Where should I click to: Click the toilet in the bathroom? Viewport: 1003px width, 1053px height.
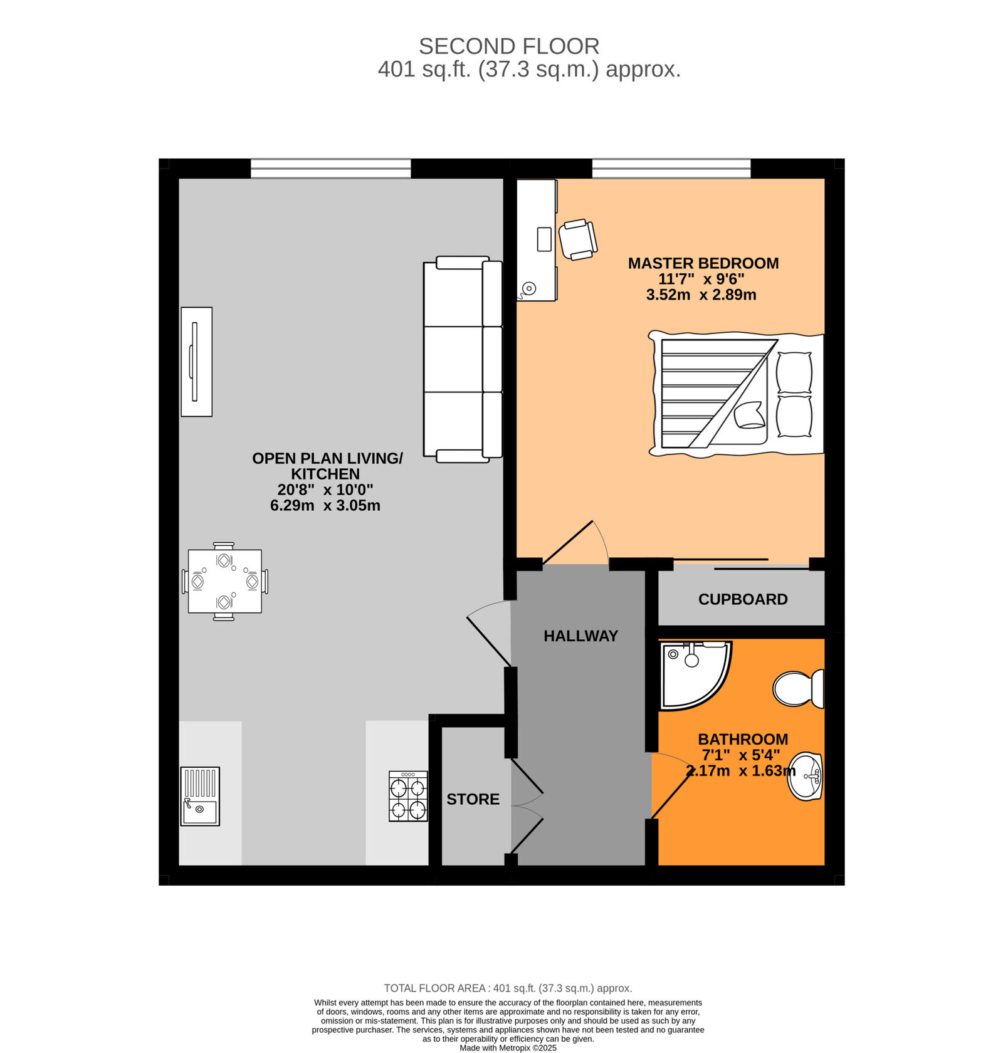click(797, 689)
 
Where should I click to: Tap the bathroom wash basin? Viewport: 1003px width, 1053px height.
click(806, 777)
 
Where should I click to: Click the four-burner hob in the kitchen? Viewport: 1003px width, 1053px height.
click(408, 796)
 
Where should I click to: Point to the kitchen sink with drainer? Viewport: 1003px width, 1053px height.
click(200, 796)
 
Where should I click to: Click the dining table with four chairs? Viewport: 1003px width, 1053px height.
click(224, 581)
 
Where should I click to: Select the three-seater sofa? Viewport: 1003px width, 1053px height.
click(463, 359)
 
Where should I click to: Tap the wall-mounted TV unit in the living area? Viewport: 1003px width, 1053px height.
click(196, 362)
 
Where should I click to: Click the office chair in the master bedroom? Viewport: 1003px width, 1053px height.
click(577, 239)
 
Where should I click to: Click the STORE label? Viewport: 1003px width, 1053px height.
click(473, 799)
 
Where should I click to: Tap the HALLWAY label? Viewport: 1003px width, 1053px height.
click(580, 636)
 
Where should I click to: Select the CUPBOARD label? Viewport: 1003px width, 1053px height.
click(743, 600)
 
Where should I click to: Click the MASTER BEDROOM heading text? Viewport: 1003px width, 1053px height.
click(703, 263)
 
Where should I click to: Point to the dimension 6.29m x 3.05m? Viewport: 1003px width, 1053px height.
click(325, 506)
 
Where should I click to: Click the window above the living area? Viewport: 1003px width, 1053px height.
click(330, 169)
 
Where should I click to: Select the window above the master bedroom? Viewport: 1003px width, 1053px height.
click(671, 169)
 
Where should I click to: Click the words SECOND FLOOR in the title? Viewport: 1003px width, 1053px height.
click(508, 46)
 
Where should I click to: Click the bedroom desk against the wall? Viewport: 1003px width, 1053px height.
click(537, 240)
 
